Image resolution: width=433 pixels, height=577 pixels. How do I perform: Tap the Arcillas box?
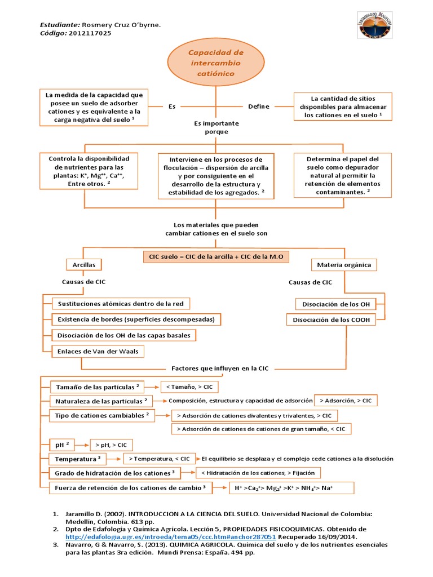(84, 264)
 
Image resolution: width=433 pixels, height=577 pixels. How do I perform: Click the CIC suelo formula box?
(216, 257)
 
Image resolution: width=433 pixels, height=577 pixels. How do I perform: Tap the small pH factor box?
(62, 444)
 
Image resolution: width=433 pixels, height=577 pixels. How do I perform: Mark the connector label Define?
(259, 106)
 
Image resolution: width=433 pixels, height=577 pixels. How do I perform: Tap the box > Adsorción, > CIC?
(346, 401)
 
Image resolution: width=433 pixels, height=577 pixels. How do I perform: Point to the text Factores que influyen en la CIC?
(220, 368)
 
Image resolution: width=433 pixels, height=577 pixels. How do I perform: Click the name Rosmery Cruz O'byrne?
(121, 25)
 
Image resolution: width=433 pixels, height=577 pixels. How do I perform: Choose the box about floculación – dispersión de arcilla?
(216, 176)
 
